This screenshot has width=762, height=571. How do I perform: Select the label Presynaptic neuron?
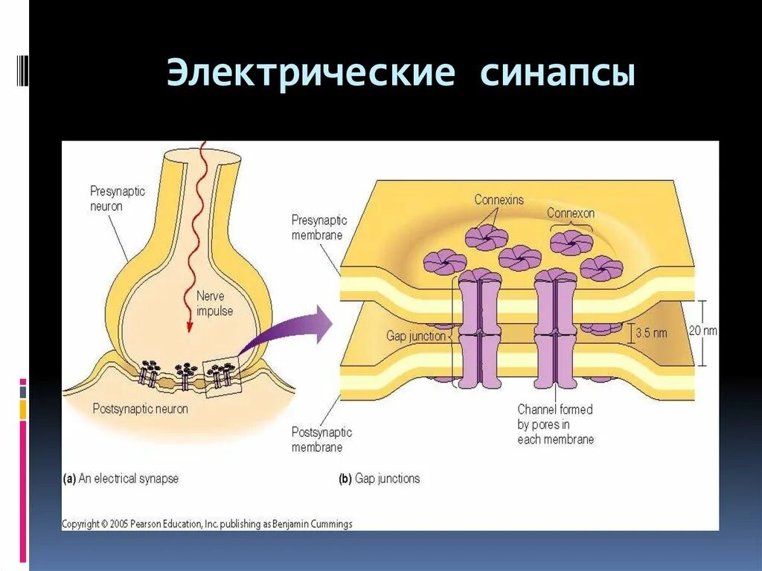(x=118, y=198)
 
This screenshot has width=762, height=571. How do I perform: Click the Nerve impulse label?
(x=214, y=303)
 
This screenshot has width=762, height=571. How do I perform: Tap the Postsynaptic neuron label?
(x=140, y=409)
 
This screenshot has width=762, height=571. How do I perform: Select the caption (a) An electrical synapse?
(x=121, y=479)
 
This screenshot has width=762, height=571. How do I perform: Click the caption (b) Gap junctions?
(x=380, y=479)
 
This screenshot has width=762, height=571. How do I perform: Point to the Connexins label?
(x=499, y=200)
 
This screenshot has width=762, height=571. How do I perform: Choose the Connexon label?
(x=571, y=213)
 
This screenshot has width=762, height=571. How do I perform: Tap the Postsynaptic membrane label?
(x=321, y=440)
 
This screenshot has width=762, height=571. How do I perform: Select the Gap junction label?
(x=415, y=336)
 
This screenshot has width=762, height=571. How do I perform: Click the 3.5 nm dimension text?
(x=652, y=333)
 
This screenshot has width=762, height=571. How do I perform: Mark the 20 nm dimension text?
(x=702, y=330)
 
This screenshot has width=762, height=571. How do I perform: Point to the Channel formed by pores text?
(x=556, y=424)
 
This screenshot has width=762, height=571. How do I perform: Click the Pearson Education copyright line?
(x=207, y=524)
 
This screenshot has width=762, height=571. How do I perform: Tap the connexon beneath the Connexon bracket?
(x=571, y=243)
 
